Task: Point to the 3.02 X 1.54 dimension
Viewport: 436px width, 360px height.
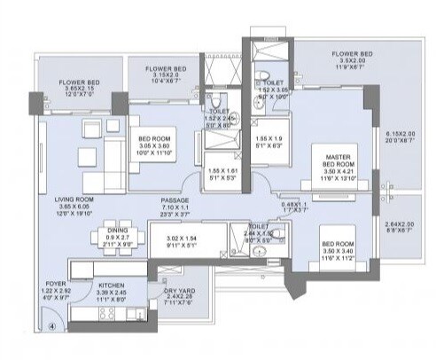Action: click(180, 239)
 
